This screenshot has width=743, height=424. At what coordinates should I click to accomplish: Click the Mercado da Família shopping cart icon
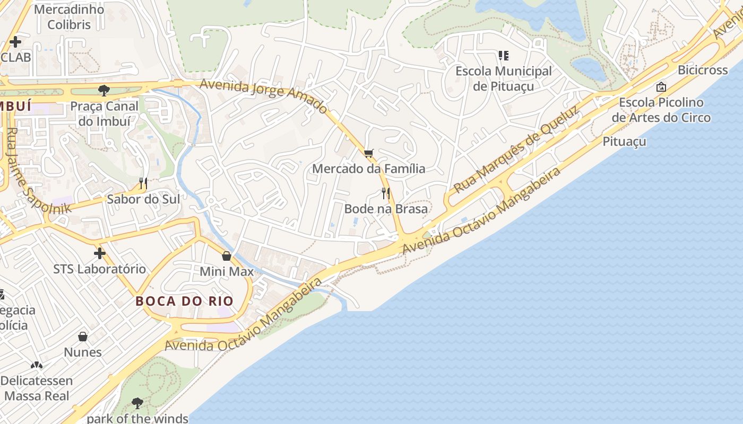coord(369,153)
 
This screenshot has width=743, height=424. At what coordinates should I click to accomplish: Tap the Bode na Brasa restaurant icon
coord(386,193)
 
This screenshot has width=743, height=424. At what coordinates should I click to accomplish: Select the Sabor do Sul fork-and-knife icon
coord(143,183)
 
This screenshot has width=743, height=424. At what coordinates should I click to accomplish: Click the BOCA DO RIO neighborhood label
coord(184,301)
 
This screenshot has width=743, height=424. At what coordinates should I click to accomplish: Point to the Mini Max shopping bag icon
coord(227,256)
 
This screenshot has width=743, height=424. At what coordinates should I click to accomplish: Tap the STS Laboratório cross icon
coord(99,253)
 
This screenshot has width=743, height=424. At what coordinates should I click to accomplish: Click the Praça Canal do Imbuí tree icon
coord(104,91)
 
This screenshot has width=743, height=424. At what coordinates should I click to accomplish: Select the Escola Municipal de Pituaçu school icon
coord(504,55)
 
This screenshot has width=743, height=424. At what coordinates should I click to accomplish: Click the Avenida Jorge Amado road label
coord(263,95)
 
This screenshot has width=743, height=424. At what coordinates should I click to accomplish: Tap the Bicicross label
coord(703,70)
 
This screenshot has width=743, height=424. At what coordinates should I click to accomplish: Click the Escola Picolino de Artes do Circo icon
coord(661,86)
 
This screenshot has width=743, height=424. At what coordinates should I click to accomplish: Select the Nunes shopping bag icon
coord(83,337)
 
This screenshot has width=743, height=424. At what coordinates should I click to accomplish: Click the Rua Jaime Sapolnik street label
coord(37,170)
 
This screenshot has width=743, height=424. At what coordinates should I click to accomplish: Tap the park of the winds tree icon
coord(137,403)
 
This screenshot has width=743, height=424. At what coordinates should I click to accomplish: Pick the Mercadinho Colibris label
coord(69,17)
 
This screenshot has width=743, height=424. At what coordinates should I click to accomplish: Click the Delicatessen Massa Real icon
coord(36,365)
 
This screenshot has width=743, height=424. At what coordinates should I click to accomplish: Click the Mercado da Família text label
coord(369,169)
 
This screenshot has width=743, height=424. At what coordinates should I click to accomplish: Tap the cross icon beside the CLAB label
coord(15,41)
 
